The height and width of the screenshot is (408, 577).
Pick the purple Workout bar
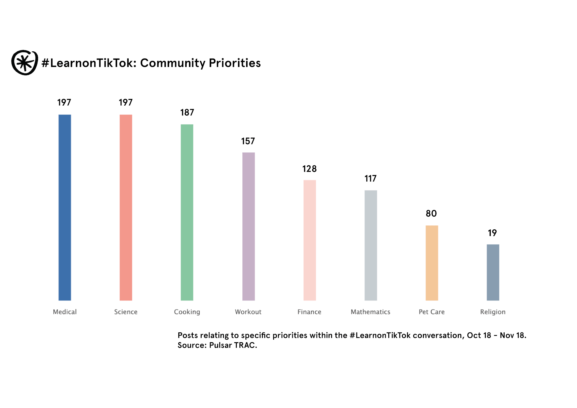point(248,226)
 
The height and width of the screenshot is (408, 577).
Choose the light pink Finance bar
point(310,240)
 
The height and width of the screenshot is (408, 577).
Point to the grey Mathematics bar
point(371,245)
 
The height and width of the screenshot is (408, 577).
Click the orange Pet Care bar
point(432,263)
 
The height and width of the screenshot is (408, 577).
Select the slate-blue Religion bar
point(493,272)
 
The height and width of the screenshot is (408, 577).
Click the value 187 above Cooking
point(187,113)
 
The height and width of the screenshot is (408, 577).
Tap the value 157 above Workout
point(248,141)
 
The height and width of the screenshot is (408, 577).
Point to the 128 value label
point(309,169)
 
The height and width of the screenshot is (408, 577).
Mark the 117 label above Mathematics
point(370,179)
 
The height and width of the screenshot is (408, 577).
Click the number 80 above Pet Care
point(431,214)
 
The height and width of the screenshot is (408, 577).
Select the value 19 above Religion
point(492,233)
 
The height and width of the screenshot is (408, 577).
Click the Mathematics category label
point(370,312)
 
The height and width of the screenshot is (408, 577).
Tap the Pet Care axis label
point(432,312)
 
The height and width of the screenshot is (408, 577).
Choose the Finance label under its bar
point(309,312)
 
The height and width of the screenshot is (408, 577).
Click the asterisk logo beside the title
point(25,63)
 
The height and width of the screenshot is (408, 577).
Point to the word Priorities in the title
point(235,63)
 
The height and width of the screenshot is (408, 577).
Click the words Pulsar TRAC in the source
point(233,345)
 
